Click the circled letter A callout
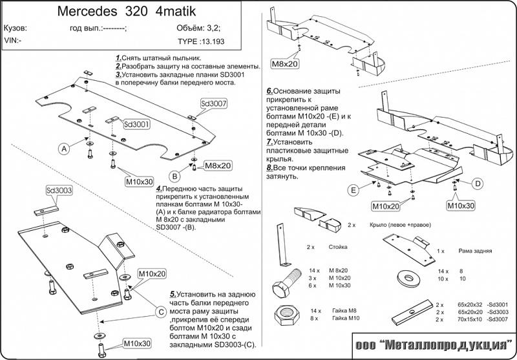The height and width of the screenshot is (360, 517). click(x=64, y=149)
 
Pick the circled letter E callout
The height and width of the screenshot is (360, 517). click(x=353, y=190)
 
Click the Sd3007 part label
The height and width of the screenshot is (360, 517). click(x=213, y=103)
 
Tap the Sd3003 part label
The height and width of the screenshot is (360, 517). click(x=59, y=191)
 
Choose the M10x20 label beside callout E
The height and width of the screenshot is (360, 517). click(x=385, y=206)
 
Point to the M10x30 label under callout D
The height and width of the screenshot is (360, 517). click(x=461, y=205)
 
